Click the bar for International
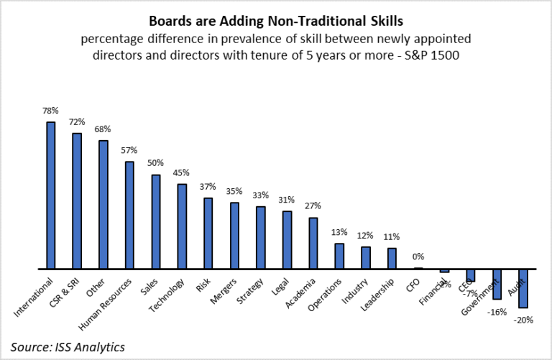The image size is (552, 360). (51, 195)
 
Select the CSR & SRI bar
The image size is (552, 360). (77, 200)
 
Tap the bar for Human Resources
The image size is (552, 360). (129, 215)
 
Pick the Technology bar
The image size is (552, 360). (182, 226)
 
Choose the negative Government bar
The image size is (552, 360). (497, 284)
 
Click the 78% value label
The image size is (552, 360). (51, 111)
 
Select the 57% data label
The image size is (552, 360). (129, 151)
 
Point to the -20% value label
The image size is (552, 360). (523, 320)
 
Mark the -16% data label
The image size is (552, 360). (497, 312)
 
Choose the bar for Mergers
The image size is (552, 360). (234, 235)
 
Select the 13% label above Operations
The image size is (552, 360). (339, 232)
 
